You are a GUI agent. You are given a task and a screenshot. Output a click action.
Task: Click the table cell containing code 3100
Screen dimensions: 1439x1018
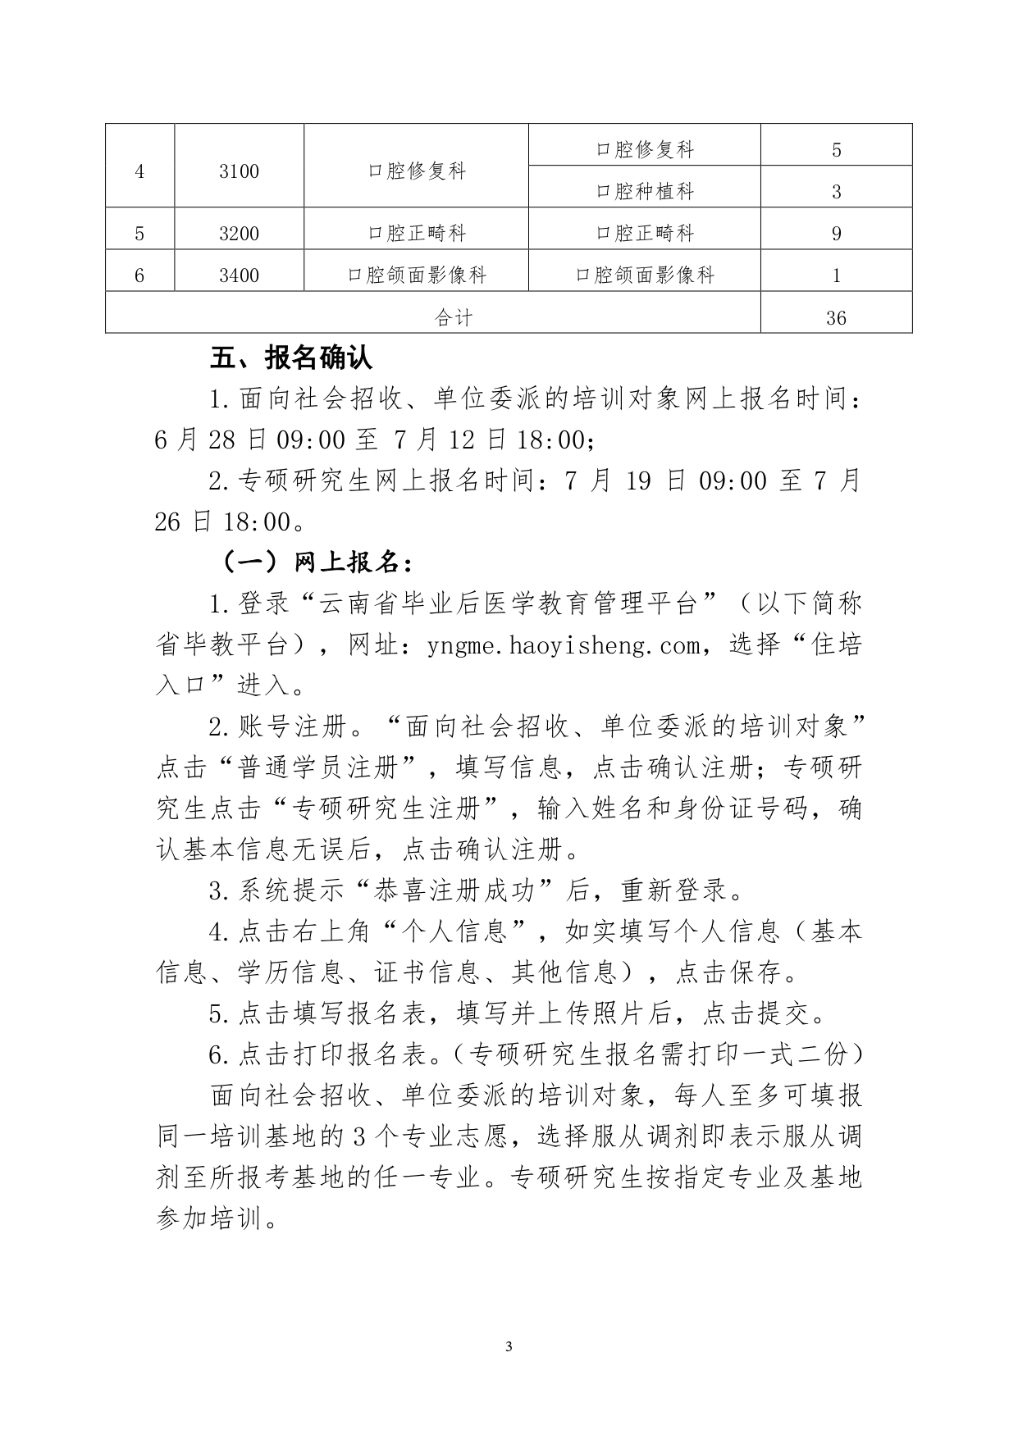point(239,172)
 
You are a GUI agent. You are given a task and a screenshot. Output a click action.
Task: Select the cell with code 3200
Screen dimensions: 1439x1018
point(239,234)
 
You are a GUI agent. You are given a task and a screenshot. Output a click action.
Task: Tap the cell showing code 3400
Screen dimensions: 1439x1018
point(239,276)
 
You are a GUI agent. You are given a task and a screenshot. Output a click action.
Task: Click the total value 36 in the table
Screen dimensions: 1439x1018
point(836,318)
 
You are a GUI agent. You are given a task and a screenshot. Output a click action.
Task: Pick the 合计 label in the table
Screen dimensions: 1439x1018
point(454,318)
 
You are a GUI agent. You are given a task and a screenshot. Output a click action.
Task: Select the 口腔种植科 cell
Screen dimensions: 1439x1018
point(645,192)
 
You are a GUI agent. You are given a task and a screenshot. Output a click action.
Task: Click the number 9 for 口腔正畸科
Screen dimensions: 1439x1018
point(836,234)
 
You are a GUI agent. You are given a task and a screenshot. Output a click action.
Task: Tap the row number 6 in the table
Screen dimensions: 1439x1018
point(139,276)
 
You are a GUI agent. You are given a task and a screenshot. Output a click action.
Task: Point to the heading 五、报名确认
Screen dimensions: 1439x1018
point(291,358)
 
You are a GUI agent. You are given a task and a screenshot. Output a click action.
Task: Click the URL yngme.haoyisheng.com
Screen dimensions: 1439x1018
point(564,646)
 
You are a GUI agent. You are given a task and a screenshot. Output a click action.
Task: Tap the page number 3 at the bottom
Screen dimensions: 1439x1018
point(509,1346)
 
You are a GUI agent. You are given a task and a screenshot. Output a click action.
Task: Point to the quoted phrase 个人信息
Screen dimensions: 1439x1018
point(469,931)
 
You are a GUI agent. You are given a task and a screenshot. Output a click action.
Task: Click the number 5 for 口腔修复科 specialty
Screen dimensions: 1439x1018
point(836,150)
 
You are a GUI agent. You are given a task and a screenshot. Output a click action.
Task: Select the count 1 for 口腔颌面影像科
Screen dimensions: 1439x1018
point(836,276)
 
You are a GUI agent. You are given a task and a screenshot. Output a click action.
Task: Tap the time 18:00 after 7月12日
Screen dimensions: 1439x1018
point(550,440)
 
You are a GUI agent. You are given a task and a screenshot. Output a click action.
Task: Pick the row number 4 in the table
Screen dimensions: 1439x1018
point(139,172)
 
